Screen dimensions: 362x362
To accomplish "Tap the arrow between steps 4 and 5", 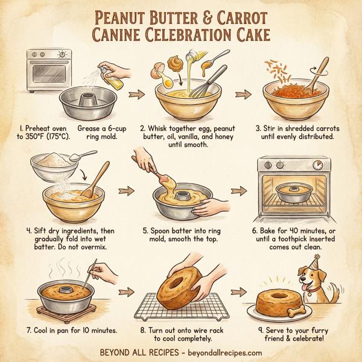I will [x=125, y=192].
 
